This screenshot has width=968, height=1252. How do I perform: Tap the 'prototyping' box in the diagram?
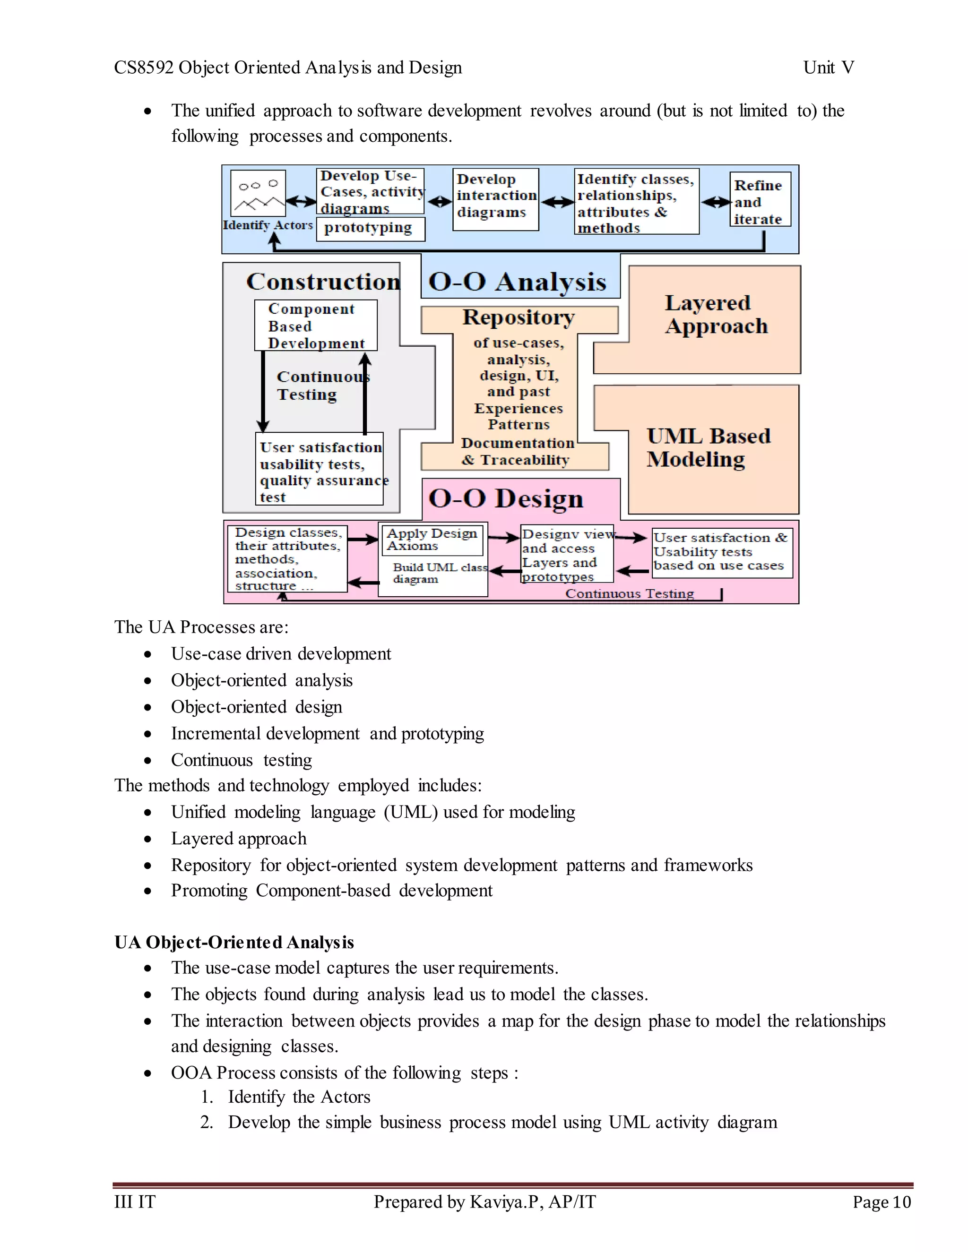coord(371,228)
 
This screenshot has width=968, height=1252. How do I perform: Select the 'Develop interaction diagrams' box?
coord(495,199)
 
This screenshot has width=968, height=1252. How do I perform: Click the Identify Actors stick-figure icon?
coord(258,193)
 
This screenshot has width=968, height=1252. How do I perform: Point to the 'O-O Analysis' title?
coord(517,282)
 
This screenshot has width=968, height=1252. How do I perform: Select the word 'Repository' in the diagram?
coord(519,317)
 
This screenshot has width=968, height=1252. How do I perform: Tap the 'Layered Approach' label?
coord(716,314)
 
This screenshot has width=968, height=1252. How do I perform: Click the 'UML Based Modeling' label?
coord(708,448)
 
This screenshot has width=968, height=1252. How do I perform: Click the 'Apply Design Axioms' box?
coord(432,540)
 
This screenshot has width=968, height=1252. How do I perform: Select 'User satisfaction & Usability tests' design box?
coord(721,552)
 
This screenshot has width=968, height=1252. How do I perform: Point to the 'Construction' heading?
coord(323,282)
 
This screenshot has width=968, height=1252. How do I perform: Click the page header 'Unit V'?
coord(828,68)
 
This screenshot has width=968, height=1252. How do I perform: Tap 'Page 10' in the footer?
coord(881,1201)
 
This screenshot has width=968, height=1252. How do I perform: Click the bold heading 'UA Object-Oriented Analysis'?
coord(234,942)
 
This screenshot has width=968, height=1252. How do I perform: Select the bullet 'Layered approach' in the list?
coord(239,838)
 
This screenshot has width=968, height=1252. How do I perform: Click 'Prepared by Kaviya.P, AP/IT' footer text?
coord(484,1201)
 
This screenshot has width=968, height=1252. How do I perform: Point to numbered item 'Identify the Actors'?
coord(299,1097)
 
